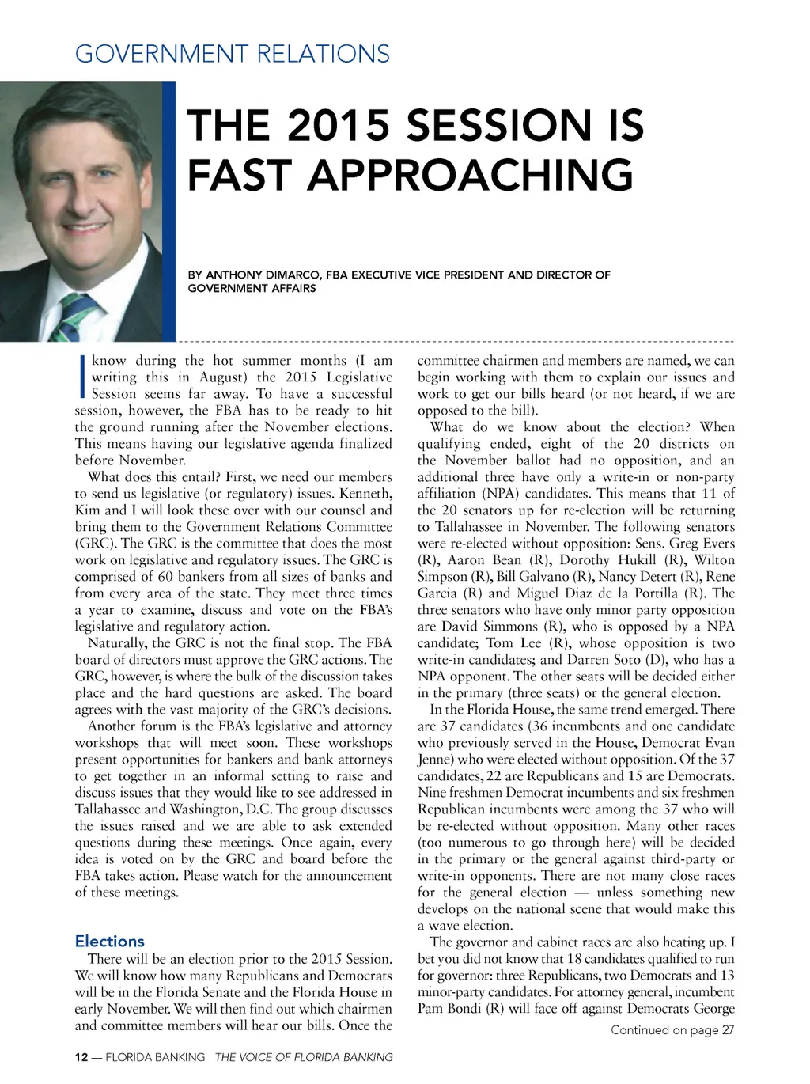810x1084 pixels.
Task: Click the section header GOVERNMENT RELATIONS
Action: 233,54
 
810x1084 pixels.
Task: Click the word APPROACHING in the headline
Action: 470,175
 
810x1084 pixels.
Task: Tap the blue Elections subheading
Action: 110,941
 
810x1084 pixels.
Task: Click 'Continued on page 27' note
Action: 672,1029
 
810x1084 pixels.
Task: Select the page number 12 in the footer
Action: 81,1057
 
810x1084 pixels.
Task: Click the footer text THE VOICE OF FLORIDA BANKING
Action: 304,1057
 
